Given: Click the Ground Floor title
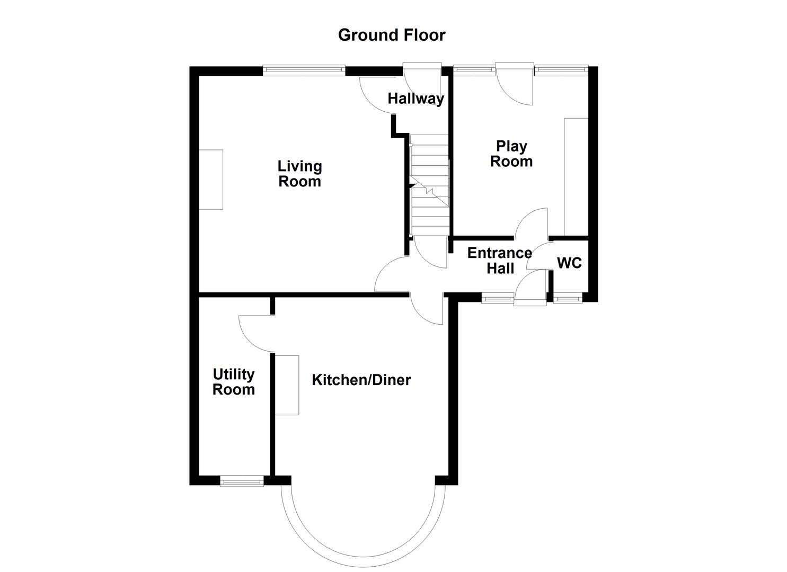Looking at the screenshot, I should click(392, 35).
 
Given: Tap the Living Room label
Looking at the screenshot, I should click(299, 174).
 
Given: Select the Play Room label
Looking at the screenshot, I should click(511, 154).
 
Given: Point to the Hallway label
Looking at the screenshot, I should click(415, 99).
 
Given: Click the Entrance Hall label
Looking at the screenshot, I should click(499, 261).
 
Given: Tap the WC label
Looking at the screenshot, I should click(569, 263).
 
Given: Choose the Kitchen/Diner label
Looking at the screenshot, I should click(361, 380).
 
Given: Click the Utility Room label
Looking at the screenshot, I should click(234, 382).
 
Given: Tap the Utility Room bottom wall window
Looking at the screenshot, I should click(242, 481).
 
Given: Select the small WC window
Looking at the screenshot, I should click(568, 299).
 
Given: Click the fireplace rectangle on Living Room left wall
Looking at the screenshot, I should click(211, 179).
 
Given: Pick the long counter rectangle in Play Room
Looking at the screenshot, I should click(576, 176).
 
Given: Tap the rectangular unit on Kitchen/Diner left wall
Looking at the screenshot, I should click(287, 385).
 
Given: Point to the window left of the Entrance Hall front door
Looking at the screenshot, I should click(497, 300).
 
